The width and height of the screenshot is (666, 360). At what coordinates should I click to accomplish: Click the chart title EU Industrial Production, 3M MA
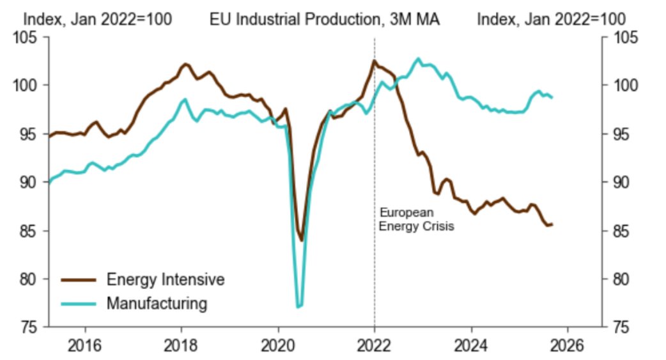[x=324, y=19]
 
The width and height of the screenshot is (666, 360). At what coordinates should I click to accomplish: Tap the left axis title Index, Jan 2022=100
[x=97, y=19]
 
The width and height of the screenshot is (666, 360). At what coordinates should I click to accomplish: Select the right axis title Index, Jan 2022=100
[x=551, y=19]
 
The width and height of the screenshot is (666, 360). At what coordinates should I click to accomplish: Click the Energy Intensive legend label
[x=166, y=279]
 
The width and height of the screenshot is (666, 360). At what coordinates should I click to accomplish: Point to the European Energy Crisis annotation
[x=416, y=219]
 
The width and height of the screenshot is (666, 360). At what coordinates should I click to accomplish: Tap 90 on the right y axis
[x=619, y=183]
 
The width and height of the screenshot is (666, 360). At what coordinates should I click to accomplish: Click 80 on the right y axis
[x=619, y=279]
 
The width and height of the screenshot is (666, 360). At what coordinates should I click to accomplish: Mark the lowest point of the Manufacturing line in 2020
[x=298, y=308]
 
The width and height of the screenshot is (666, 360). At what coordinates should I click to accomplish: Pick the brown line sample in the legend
[x=79, y=279]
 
